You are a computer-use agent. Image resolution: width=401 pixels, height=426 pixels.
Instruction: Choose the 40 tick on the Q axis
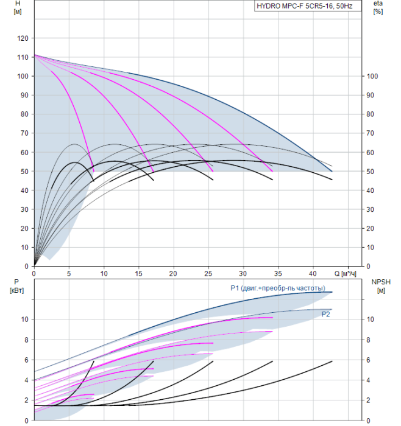314,273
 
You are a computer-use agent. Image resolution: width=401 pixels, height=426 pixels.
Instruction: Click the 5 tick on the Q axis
68,273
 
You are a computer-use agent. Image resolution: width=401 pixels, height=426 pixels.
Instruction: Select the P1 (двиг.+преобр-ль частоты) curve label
277,288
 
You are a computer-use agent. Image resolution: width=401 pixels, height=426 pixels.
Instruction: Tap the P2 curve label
326,314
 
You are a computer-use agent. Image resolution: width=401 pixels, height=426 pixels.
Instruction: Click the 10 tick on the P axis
24,319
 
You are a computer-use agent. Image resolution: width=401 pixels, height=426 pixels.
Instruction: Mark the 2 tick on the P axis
26,400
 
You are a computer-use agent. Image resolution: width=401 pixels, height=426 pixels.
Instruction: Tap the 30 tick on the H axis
24,209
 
